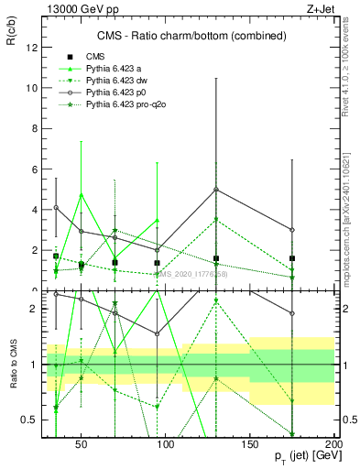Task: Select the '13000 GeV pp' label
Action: coord(76,8)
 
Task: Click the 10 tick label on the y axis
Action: coord(30,88)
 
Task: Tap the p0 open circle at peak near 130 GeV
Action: coord(216,190)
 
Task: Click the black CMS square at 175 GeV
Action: coord(291,258)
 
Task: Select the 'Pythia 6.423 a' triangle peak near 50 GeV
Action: coord(82,194)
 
